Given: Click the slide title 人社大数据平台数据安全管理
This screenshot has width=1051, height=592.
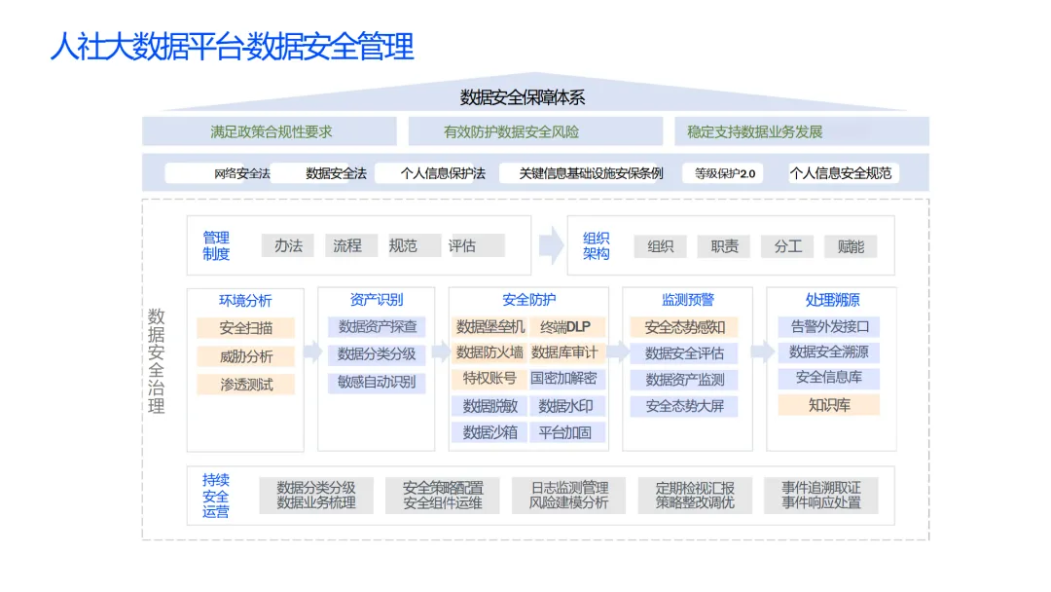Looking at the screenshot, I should [232, 46].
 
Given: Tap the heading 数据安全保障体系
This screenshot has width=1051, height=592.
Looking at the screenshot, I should [523, 97].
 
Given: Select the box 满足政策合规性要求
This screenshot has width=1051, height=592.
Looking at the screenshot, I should [271, 131].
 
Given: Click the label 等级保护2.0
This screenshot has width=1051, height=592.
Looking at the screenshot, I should [724, 173].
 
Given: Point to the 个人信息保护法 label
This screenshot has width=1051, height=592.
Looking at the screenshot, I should [443, 173].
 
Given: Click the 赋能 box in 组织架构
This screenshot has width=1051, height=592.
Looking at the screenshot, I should [850, 246].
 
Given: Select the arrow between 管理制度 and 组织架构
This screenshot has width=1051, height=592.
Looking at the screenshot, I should [551, 245].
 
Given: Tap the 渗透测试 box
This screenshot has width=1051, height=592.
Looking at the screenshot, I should [245, 384].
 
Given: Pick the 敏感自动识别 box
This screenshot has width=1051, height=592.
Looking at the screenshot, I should [376, 382].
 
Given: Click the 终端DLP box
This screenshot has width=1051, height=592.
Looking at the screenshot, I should [567, 326].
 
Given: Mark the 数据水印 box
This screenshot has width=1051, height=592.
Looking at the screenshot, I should [567, 406].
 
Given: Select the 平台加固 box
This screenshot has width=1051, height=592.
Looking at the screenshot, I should [567, 432].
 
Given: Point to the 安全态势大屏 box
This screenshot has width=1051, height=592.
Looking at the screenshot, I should [684, 406].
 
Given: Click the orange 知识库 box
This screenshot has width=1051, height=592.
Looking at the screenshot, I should [828, 404].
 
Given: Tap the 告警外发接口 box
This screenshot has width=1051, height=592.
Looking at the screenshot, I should [828, 326].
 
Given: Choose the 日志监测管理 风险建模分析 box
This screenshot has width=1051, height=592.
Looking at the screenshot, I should [568, 495].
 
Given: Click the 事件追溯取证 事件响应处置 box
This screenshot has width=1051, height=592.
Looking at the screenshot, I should [820, 495].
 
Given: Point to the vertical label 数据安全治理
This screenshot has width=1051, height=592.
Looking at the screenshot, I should [157, 360].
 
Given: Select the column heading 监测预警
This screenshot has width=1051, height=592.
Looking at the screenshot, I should [687, 300].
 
